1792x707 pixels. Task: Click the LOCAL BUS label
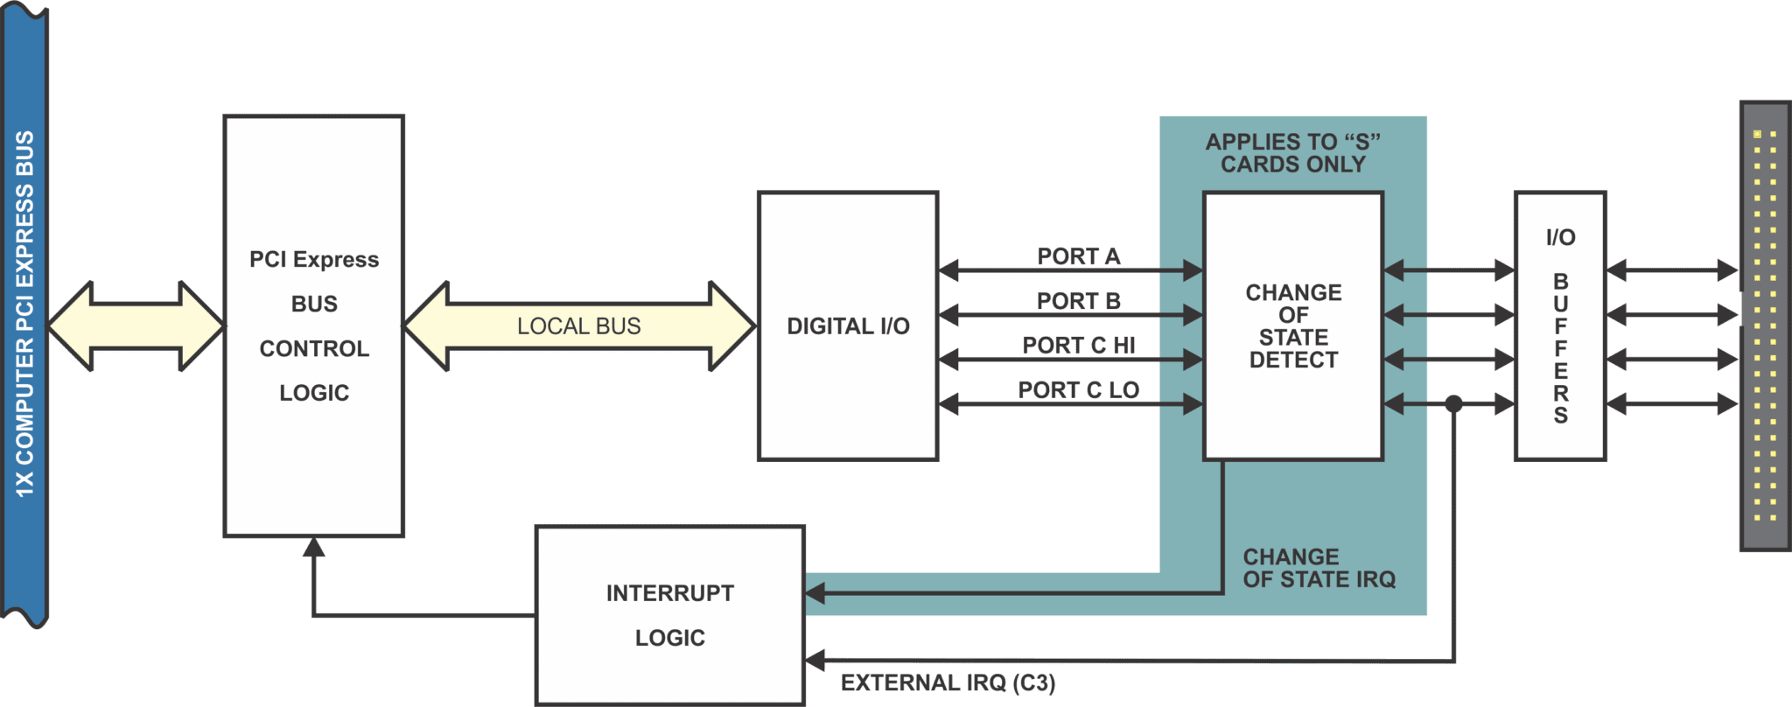coord(578,326)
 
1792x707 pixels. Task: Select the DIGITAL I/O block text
coord(848,326)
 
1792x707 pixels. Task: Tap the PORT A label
coord(1079,256)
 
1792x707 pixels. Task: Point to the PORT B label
coord(1079,301)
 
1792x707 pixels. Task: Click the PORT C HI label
coord(1079,346)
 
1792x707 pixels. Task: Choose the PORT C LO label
coord(1079,390)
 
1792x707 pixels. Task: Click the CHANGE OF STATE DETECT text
coord(1293,326)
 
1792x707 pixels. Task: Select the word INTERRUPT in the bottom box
coord(669,593)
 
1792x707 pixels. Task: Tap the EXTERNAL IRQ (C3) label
coord(948,683)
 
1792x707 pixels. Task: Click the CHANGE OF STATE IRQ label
coord(1319,569)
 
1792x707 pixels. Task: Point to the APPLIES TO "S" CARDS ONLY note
coord(1292,153)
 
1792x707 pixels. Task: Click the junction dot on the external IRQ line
coord(1453,404)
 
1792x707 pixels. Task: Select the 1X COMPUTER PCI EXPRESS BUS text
coord(24,315)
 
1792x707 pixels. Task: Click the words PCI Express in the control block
coord(314,260)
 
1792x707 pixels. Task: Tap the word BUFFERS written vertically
coord(1560,348)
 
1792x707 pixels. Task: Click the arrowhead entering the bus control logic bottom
coord(314,548)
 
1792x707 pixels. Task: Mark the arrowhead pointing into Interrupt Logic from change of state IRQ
coord(815,593)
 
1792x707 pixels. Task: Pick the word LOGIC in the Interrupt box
coord(669,638)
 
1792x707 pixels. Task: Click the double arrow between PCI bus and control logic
coord(136,326)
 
